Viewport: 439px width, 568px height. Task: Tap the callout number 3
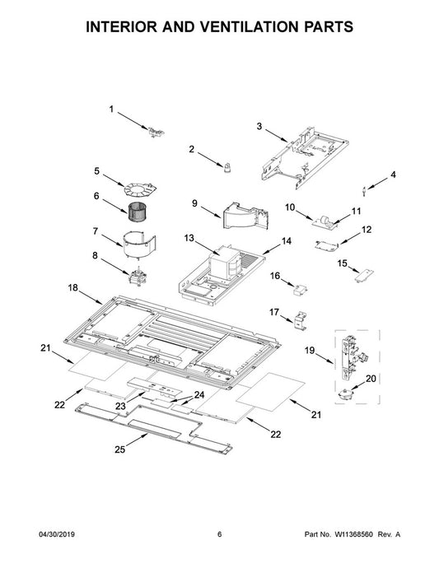tap(259, 126)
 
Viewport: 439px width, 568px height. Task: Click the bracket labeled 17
tap(301, 319)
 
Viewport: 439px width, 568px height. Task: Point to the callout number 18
tap(72, 288)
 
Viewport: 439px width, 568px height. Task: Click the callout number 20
tap(371, 378)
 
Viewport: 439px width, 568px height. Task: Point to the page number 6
tap(219, 534)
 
